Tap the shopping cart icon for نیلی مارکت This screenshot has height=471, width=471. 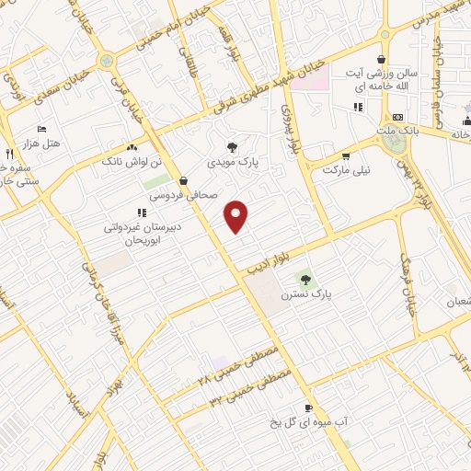coord(346,155)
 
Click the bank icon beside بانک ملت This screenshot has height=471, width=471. coord(397,118)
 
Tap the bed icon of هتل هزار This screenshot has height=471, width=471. coord(41,129)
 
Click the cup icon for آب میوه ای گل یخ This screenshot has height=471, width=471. coord(308,408)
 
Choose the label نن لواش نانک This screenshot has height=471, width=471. coord(141,161)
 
